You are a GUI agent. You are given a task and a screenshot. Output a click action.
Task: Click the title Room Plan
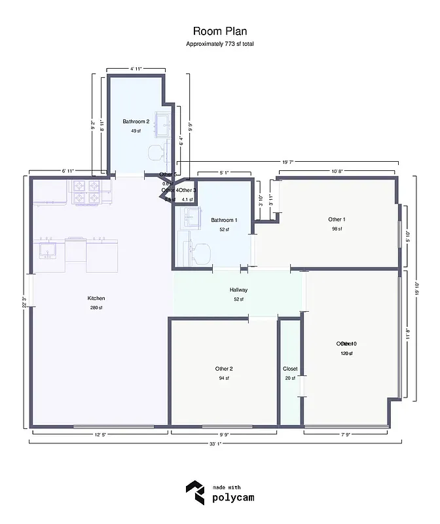click(x=219, y=31)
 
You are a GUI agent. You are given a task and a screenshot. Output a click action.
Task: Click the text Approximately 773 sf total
click(x=219, y=44)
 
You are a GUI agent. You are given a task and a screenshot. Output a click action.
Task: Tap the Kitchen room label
click(x=96, y=298)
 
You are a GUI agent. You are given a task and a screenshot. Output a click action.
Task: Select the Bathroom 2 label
click(x=136, y=121)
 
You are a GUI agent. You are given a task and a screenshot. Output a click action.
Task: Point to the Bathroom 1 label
click(x=224, y=220)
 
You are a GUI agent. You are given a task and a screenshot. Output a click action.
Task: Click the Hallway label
click(x=238, y=290)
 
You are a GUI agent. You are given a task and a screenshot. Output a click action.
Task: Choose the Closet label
click(x=290, y=369)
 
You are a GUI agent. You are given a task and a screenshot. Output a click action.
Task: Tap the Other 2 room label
click(x=224, y=369)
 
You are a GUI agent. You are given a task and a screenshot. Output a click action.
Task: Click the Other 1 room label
click(x=337, y=219)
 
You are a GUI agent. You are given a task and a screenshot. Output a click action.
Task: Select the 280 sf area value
click(x=96, y=308)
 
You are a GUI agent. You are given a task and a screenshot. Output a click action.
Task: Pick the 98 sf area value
click(x=337, y=229)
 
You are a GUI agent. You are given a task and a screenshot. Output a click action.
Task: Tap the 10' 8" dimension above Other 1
click(x=337, y=172)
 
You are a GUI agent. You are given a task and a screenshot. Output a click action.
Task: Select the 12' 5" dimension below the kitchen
click(x=101, y=434)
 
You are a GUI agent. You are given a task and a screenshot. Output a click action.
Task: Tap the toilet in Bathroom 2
click(x=156, y=153)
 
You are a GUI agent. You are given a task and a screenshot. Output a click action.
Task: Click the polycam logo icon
click(x=194, y=492)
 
